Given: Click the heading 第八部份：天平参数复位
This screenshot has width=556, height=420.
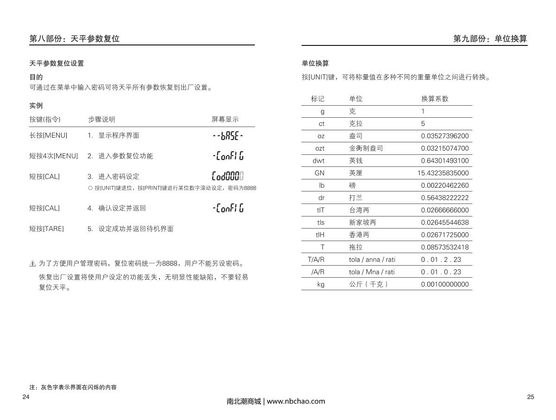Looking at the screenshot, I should pos(75,39).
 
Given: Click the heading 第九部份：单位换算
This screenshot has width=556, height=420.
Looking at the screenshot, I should pos(490,39).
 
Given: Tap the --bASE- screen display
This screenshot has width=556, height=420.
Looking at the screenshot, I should pos(227,136).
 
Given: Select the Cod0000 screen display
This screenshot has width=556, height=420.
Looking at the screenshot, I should pos(227,176).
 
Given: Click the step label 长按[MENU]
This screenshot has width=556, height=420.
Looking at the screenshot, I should pos(48,135).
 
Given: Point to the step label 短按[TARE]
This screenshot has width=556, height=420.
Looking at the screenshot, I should pos(47,229).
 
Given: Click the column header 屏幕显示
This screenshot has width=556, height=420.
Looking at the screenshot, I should pos(225,119).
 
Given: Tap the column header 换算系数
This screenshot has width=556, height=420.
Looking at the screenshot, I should pos(435,99).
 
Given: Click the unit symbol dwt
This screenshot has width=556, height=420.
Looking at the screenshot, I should pos(318,161).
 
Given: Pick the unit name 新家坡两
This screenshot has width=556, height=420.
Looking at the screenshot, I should pos(363,223).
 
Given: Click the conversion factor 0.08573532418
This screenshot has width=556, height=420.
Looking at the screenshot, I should pos(445,247).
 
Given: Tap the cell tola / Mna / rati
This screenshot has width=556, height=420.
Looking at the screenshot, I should pos(372,272).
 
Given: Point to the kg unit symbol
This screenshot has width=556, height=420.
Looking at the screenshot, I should pos(321,284).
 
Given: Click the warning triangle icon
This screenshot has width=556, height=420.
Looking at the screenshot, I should pos(32,264).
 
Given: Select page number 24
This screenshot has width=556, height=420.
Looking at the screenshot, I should pos(26,397).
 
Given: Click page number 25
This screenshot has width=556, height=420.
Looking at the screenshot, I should pos(531,397).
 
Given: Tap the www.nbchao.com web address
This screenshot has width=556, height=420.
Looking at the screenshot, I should pos(296,401).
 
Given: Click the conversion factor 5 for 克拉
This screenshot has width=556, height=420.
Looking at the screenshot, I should pos(423,124).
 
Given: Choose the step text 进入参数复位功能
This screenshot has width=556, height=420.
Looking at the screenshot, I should pos(125,156).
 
